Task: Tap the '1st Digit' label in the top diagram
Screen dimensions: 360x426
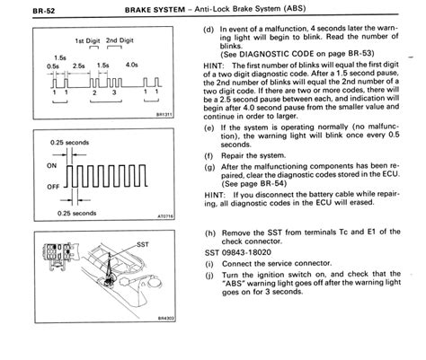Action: tap(86, 42)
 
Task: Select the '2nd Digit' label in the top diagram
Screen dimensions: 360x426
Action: tap(120, 42)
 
